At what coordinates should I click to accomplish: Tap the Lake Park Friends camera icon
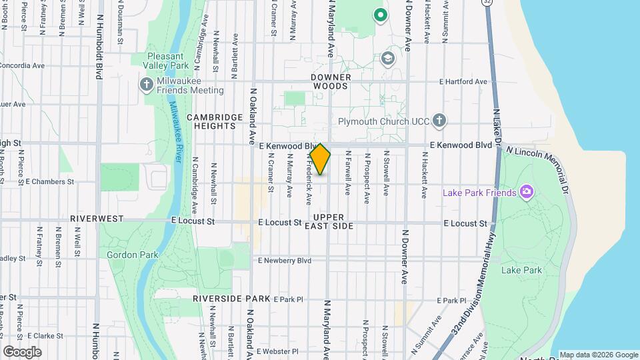pos(527,193)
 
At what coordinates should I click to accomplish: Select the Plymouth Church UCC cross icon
pos(439,121)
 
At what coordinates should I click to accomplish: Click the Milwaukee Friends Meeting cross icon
pos(146,85)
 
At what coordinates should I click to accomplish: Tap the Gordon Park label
pos(133,255)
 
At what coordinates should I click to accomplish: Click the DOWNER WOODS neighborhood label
pos(330,81)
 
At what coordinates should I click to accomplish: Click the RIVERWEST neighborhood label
pos(97,219)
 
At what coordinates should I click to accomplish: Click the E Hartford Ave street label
pos(463,82)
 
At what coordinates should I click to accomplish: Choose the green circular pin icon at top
pos(381,14)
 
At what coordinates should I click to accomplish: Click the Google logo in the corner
pos(22,351)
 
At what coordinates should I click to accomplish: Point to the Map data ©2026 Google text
pos(598,355)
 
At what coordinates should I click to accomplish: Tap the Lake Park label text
pos(521,270)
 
